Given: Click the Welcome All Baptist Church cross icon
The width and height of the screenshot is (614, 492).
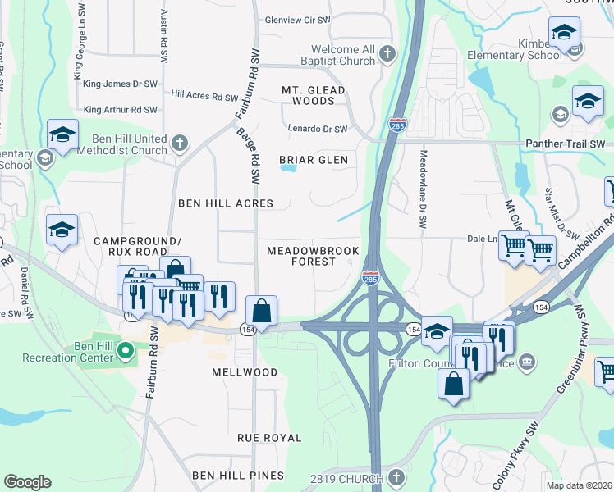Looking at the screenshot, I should (387, 54).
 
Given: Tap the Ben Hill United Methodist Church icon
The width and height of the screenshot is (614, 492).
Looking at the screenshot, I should (180, 144).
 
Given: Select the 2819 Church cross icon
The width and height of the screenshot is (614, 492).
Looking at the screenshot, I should (396, 478).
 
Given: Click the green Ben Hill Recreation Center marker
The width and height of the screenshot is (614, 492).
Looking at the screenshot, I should (125, 353).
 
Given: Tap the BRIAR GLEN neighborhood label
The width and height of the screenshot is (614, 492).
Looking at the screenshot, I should (313, 160).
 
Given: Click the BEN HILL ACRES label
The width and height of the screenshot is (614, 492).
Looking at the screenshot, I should (226, 203).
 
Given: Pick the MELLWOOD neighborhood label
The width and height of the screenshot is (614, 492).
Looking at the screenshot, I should (245, 371).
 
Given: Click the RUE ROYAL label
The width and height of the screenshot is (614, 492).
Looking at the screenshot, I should (269, 438).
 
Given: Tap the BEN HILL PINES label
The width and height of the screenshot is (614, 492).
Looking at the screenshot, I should (236, 476).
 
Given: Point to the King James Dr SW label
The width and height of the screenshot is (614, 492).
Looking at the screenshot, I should (120, 84).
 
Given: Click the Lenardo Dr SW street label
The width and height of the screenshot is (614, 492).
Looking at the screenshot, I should (318, 129).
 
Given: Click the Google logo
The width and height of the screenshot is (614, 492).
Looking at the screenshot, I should (27, 482).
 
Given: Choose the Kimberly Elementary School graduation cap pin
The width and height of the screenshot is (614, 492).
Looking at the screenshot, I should (564, 34).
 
